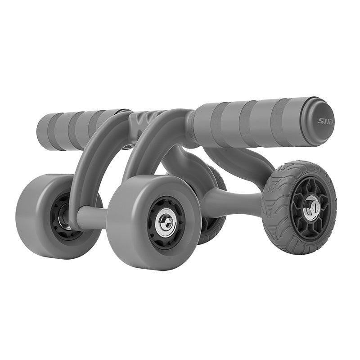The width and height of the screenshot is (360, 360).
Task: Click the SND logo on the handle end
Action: coord(324,121)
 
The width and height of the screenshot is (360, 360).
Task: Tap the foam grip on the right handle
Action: coord(252,124)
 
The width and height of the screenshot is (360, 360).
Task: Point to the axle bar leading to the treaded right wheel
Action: coord(232,202)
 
